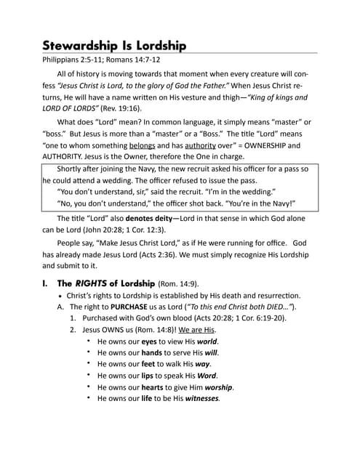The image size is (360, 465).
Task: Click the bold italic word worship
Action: tap(220, 387)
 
